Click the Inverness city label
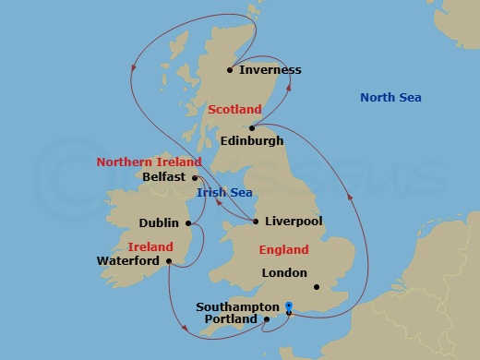[x=270, y=70]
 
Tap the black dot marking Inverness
[x=230, y=69]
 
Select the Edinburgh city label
[x=252, y=141]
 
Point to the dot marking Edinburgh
[x=252, y=127]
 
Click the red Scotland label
[x=234, y=110]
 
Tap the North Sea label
[x=390, y=98]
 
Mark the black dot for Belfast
[x=195, y=176]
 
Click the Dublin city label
[x=159, y=222]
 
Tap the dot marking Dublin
[x=187, y=222]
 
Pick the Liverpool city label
[x=293, y=222]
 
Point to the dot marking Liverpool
[x=256, y=221]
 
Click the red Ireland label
[x=150, y=247]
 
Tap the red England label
[x=283, y=250]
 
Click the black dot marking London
[x=316, y=287]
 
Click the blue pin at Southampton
[x=289, y=307]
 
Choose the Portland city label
[x=231, y=319]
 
